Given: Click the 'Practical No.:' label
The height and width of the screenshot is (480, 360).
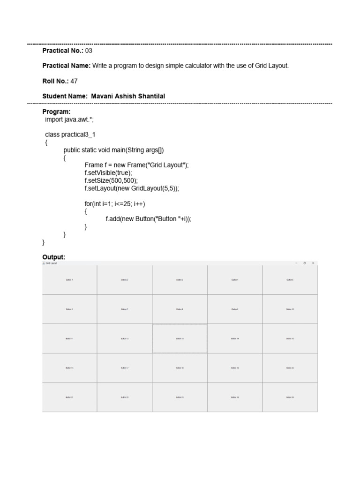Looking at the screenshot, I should pos(63,51).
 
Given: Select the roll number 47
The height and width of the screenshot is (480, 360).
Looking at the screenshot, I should pos(74,81).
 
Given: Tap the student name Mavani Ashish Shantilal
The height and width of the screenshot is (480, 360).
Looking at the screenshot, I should pos(128,96).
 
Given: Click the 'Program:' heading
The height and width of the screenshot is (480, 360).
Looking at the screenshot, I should pos(56,112).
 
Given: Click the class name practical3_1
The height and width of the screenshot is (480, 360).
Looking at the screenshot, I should pos(78,135).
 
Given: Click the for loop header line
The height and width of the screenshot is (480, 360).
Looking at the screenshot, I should pos(118,204).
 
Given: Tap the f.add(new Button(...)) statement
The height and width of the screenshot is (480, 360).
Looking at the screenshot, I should pos(149,219).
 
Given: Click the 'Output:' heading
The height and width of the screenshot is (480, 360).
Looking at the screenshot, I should pos(53,257).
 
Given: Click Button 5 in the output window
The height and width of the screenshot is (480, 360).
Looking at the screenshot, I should pos(290,280).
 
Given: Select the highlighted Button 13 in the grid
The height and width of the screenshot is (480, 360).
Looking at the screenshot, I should pos(180,338).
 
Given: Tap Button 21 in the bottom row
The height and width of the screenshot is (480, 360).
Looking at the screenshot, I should pos(69,397).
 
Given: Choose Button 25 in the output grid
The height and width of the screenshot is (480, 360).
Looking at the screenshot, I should pos(290,397).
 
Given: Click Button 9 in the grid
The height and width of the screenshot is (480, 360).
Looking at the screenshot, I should pos(235,309).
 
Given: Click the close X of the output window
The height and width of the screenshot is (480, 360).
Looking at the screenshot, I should pos(314,263).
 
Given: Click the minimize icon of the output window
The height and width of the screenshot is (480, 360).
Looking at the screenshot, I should pos(296,263).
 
